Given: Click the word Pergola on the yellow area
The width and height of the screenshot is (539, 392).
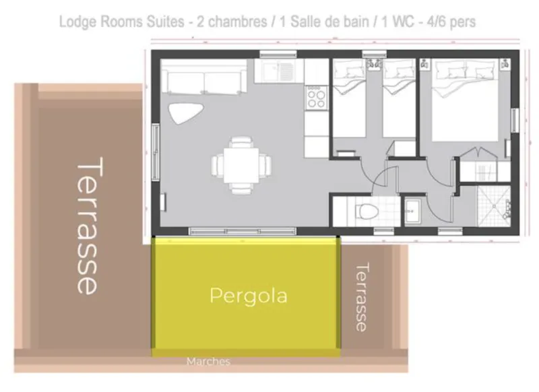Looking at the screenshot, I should [x=248, y=296].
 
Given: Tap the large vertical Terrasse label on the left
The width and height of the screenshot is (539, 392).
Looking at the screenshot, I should [x=88, y=226].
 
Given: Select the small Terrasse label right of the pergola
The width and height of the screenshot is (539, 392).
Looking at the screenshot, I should [x=362, y=296].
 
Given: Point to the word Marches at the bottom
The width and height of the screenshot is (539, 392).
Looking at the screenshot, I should [x=208, y=362].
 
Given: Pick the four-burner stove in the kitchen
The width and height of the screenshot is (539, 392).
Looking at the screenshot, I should [x=315, y=98].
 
